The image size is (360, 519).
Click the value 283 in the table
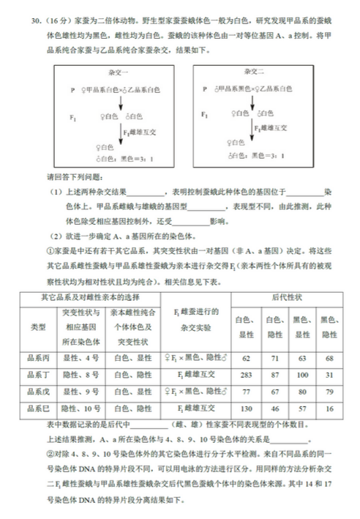point(246,374)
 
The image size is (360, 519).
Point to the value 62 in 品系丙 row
point(246,358)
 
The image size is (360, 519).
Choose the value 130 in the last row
point(246,408)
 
